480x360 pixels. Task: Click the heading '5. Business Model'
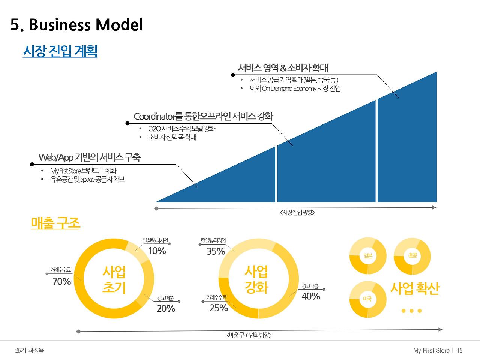(77, 25)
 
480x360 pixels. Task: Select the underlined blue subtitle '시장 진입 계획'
(60, 51)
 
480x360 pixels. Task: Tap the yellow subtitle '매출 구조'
(55, 224)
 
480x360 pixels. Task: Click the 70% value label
(62, 281)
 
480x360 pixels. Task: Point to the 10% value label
(157, 251)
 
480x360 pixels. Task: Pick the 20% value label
(166, 309)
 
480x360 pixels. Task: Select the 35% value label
(216, 251)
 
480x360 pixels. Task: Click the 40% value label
(311, 296)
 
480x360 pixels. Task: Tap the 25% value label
(219, 308)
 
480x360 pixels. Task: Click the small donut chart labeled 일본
(368, 256)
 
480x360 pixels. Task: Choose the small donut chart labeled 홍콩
(412, 256)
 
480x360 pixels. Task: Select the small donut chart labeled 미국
(368, 299)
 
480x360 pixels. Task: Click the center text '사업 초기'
(114, 279)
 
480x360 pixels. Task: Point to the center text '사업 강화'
(256, 279)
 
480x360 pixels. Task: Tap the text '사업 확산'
(414, 288)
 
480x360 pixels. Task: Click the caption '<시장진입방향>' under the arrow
(297, 213)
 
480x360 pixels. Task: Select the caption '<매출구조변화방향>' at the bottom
(249, 335)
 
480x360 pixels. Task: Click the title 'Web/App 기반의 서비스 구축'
(89, 157)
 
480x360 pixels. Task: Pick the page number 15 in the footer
(460, 351)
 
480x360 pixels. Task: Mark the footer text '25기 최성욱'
(30, 351)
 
